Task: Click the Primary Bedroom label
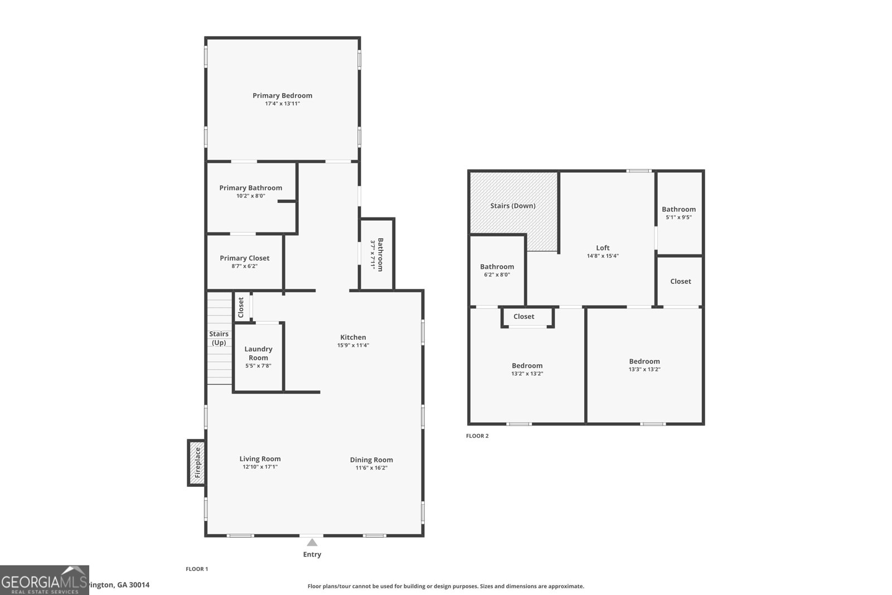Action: (x=282, y=95)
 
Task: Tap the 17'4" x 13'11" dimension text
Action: (x=282, y=104)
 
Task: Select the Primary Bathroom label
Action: (x=250, y=188)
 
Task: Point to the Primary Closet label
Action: (x=244, y=258)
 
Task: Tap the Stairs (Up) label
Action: (x=219, y=338)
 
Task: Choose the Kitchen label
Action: (x=353, y=337)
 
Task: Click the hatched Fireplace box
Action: (x=196, y=463)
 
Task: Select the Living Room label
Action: (x=260, y=459)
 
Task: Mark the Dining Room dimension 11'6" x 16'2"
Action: (x=371, y=468)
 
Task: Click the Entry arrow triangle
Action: (x=312, y=543)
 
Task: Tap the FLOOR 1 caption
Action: (x=197, y=569)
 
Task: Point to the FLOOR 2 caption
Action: (x=477, y=436)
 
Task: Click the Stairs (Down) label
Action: (x=513, y=206)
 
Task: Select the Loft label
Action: (x=603, y=248)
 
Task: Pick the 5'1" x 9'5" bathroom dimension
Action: (x=678, y=217)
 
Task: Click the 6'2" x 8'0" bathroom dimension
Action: (x=497, y=274)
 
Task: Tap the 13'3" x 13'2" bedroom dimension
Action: (x=644, y=369)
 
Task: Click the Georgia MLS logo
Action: (x=45, y=580)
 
